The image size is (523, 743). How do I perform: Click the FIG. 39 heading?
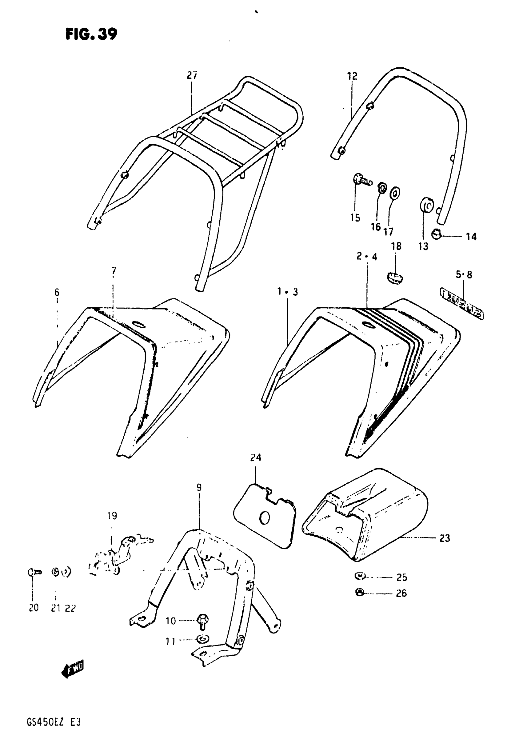pos(91,34)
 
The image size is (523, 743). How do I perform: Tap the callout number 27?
pos(192,75)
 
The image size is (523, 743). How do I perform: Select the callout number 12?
pos(352,76)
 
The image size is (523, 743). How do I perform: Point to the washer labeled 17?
pos(395,193)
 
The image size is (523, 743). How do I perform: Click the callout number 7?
pos(114,270)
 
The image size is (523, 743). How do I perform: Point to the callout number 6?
pos(57,293)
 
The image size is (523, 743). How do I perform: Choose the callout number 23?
pos(445,538)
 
